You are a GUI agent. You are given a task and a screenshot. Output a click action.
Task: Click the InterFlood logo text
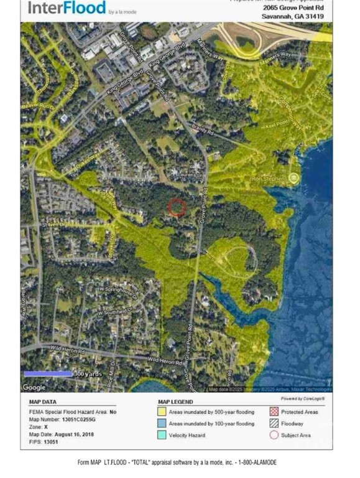[x=66, y=8]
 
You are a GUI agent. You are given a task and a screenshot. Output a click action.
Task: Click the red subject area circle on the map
[x=177, y=207]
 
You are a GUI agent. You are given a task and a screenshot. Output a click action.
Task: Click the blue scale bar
[x=48, y=374]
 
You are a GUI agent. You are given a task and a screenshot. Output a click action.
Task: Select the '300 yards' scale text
[x=87, y=374]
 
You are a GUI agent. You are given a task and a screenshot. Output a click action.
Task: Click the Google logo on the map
[x=34, y=387]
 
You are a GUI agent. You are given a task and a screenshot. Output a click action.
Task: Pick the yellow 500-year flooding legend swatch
[x=161, y=412]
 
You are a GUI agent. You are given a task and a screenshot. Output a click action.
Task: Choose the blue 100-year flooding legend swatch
[x=161, y=423]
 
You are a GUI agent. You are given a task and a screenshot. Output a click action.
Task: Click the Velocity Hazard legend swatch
[x=161, y=435]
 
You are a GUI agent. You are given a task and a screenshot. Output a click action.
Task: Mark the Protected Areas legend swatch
[x=274, y=412]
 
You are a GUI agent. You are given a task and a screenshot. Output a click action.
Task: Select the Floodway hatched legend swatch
[x=274, y=423]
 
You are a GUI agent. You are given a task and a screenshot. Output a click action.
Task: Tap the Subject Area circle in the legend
[x=274, y=435]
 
